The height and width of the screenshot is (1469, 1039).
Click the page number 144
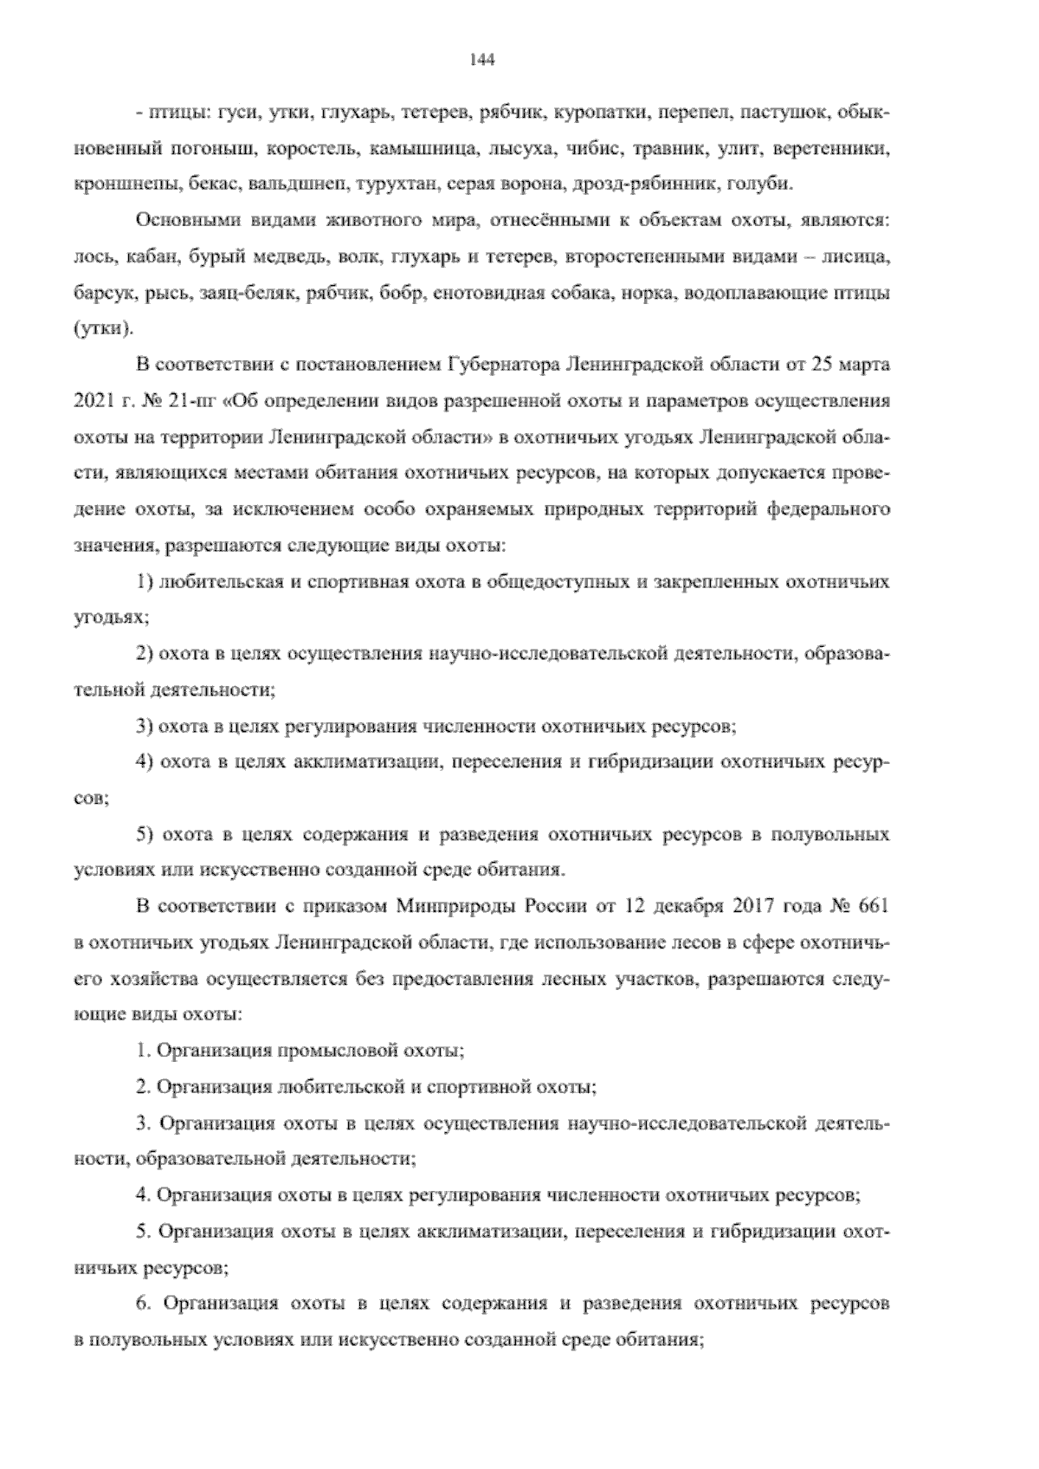click(481, 60)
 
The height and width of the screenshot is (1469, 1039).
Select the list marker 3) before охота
click(145, 726)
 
